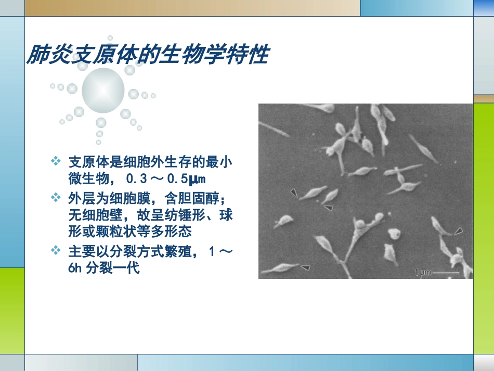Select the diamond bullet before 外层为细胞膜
[x=56, y=198]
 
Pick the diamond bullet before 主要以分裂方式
[x=56, y=251]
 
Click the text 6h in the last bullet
[x=75, y=269]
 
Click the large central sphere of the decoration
[x=103, y=91]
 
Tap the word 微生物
[x=87, y=180]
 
